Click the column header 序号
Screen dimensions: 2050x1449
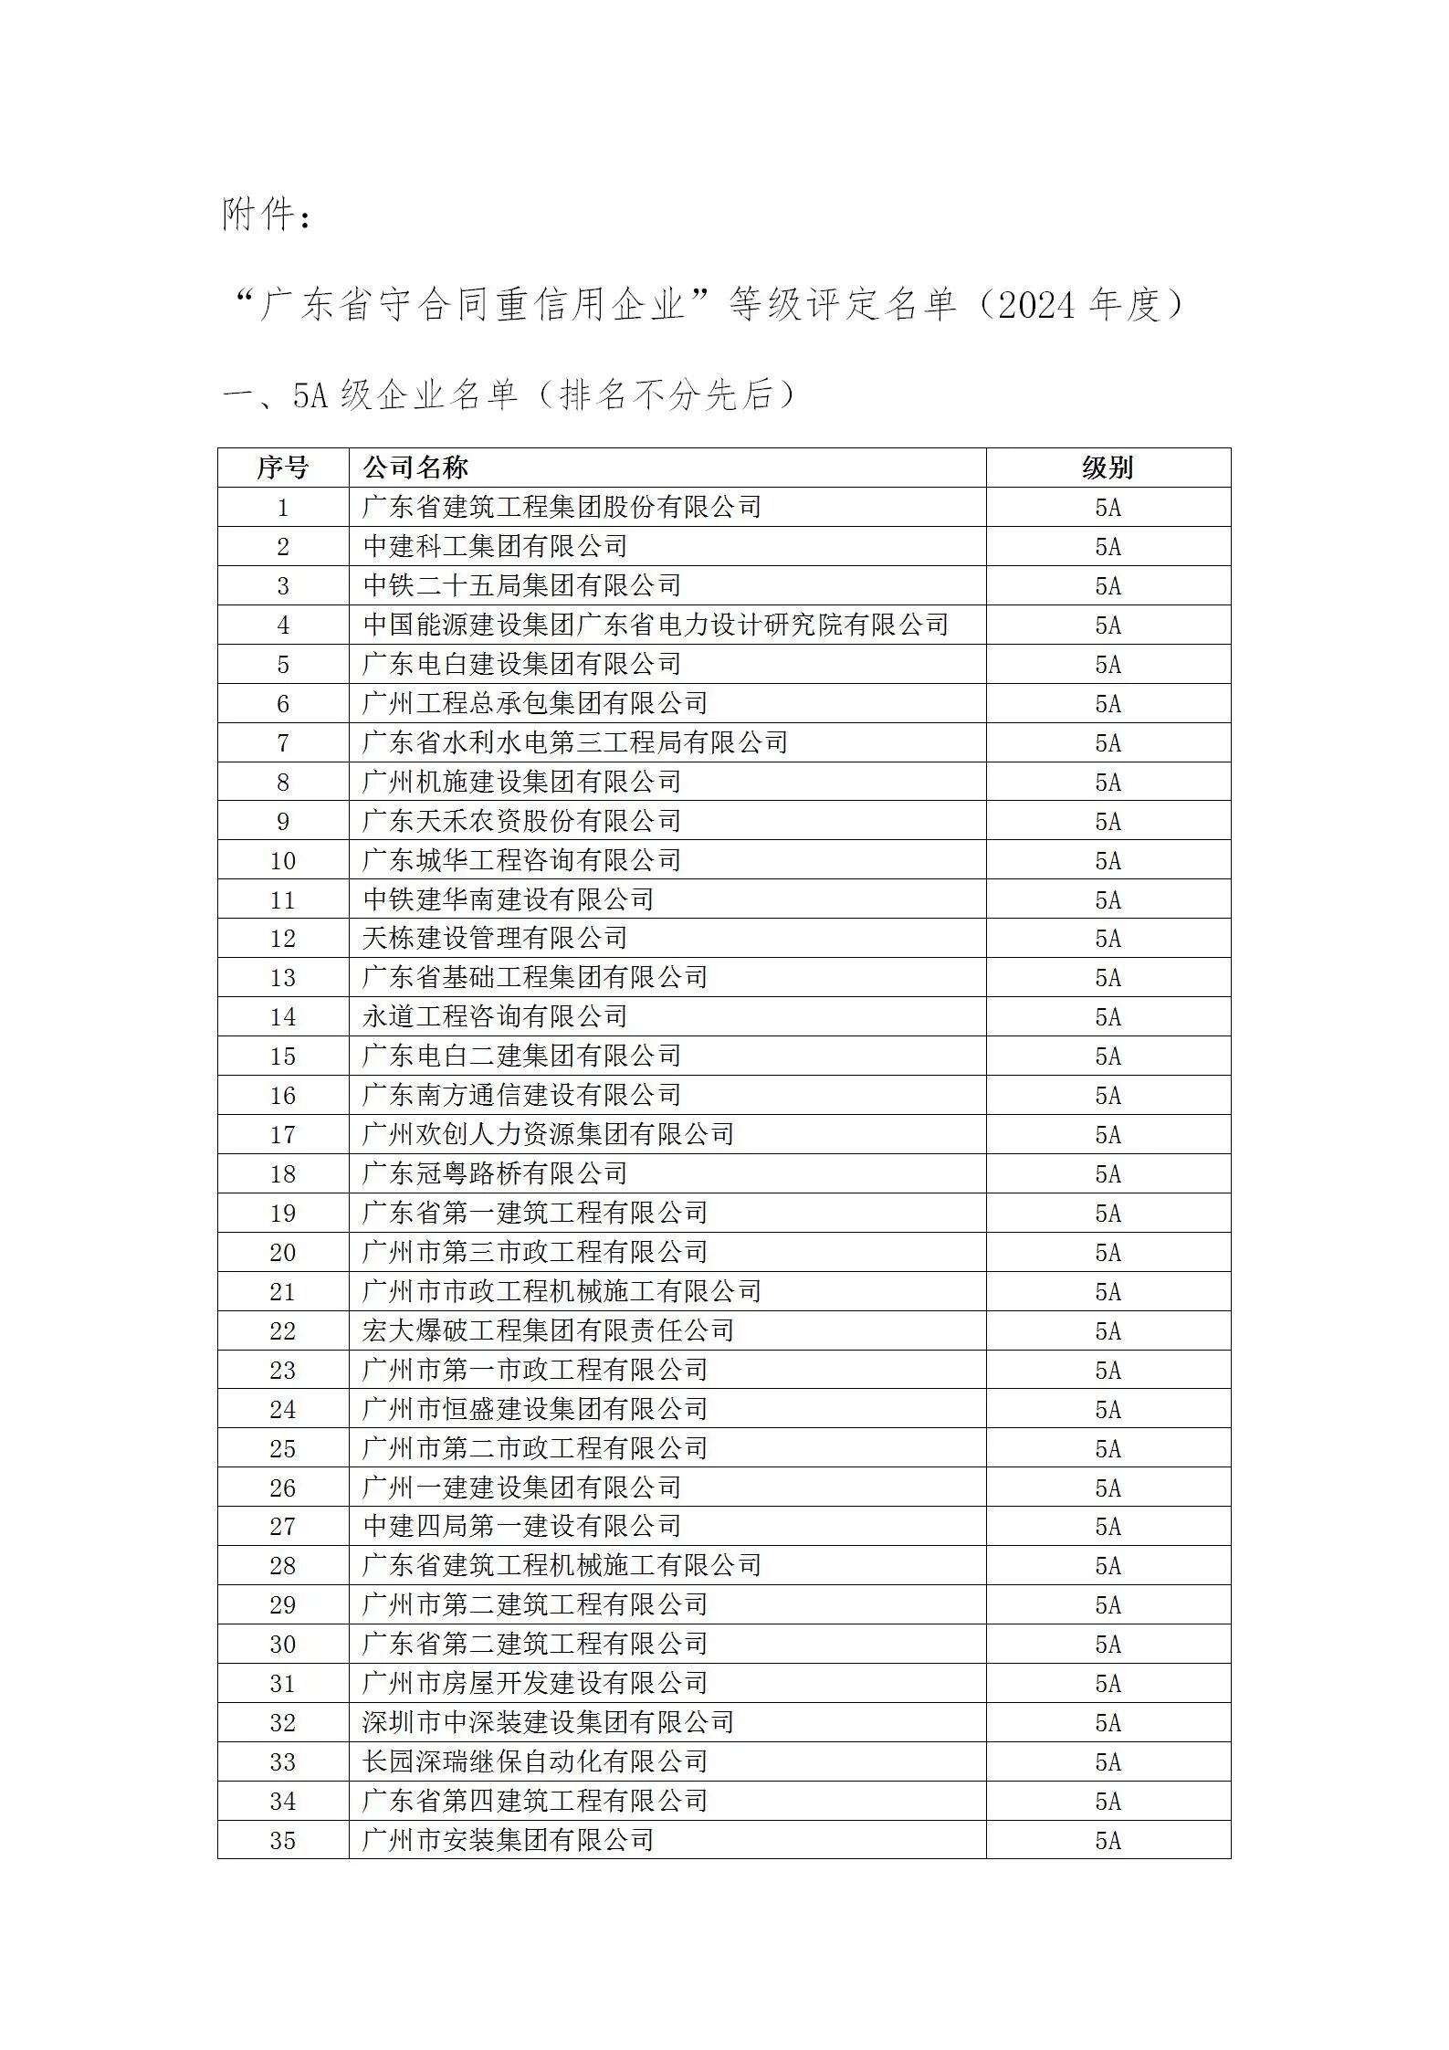(282, 468)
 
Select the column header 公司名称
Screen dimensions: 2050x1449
(415, 468)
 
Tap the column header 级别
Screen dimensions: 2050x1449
(1108, 468)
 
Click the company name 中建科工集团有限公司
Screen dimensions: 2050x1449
(495, 546)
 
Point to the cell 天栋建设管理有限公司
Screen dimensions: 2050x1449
(495, 938)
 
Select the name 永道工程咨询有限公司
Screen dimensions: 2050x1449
(495, 1016)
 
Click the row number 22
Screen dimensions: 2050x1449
(282, 1330)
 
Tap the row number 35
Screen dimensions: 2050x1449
(282, 1840)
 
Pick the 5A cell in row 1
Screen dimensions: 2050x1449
(1108, 507)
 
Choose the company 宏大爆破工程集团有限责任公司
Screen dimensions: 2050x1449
(548, 1330)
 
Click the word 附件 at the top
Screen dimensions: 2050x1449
(259, 216)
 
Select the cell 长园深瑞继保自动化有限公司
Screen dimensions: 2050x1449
(535, 1761)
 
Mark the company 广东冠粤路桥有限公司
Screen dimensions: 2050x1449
(495, 1173)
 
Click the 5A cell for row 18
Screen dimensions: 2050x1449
(1108, 1173)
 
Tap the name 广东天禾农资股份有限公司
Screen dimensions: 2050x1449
(521, 821)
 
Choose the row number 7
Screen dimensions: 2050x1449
(282, 742)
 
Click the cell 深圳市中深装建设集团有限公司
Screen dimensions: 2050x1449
(548, 1722)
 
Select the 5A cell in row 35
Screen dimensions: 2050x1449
(1108, 1840)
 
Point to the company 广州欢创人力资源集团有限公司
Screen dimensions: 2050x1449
(548, 1134)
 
